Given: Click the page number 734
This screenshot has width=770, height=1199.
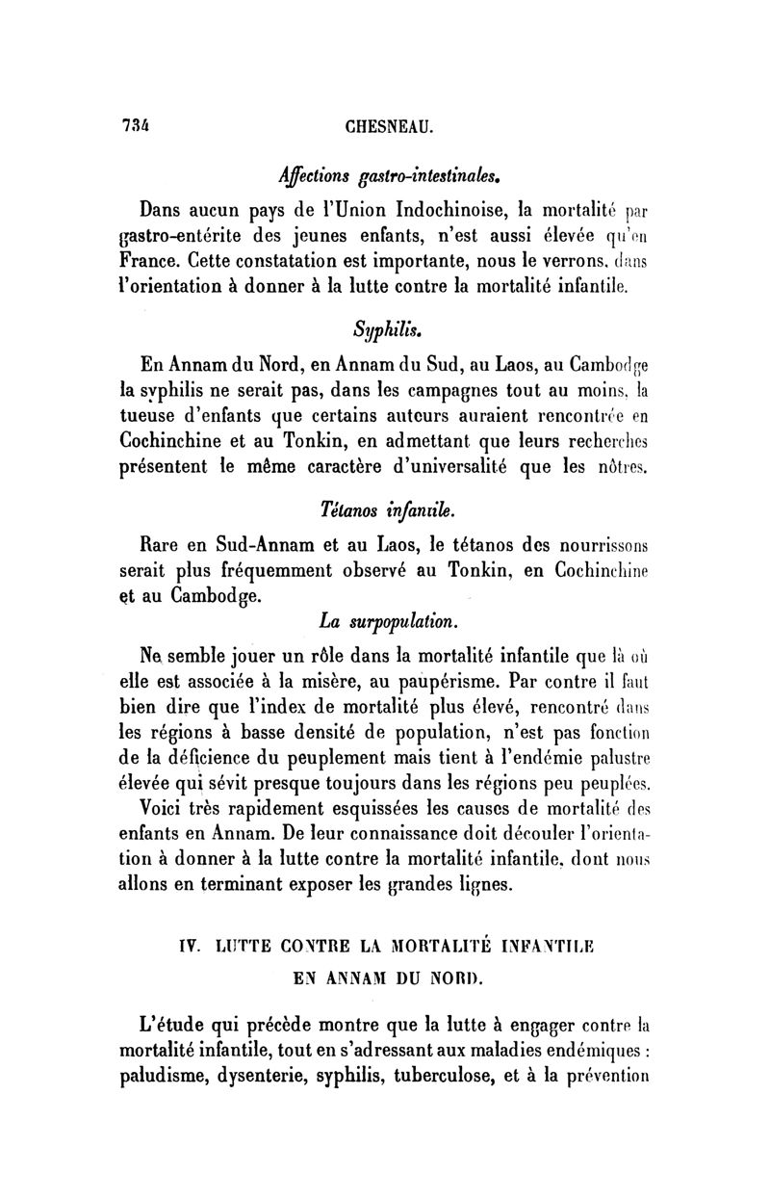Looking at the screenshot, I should point(136,125).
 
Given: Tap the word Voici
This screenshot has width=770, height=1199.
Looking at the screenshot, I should point(167,801).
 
